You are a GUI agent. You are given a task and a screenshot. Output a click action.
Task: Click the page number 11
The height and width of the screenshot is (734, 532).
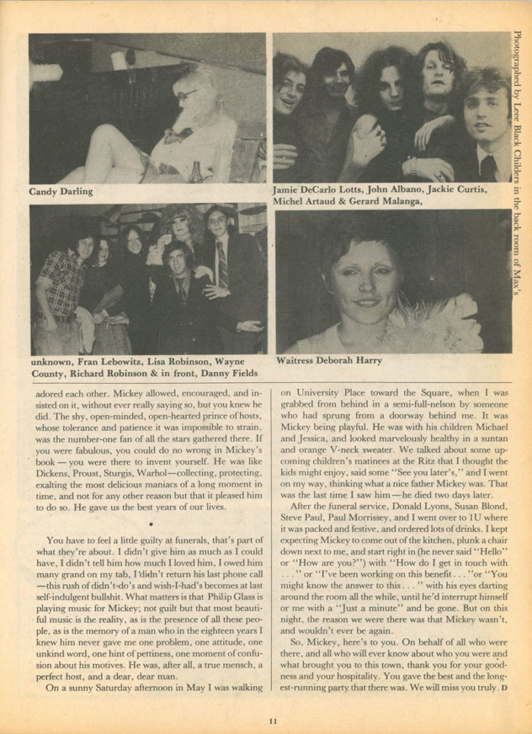click(x=272, y=722)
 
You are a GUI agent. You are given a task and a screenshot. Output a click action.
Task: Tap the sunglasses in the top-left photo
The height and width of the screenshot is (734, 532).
click(x=188, y=93)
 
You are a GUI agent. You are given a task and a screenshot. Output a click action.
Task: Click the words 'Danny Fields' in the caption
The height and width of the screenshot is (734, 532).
click(x=230, y=374)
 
